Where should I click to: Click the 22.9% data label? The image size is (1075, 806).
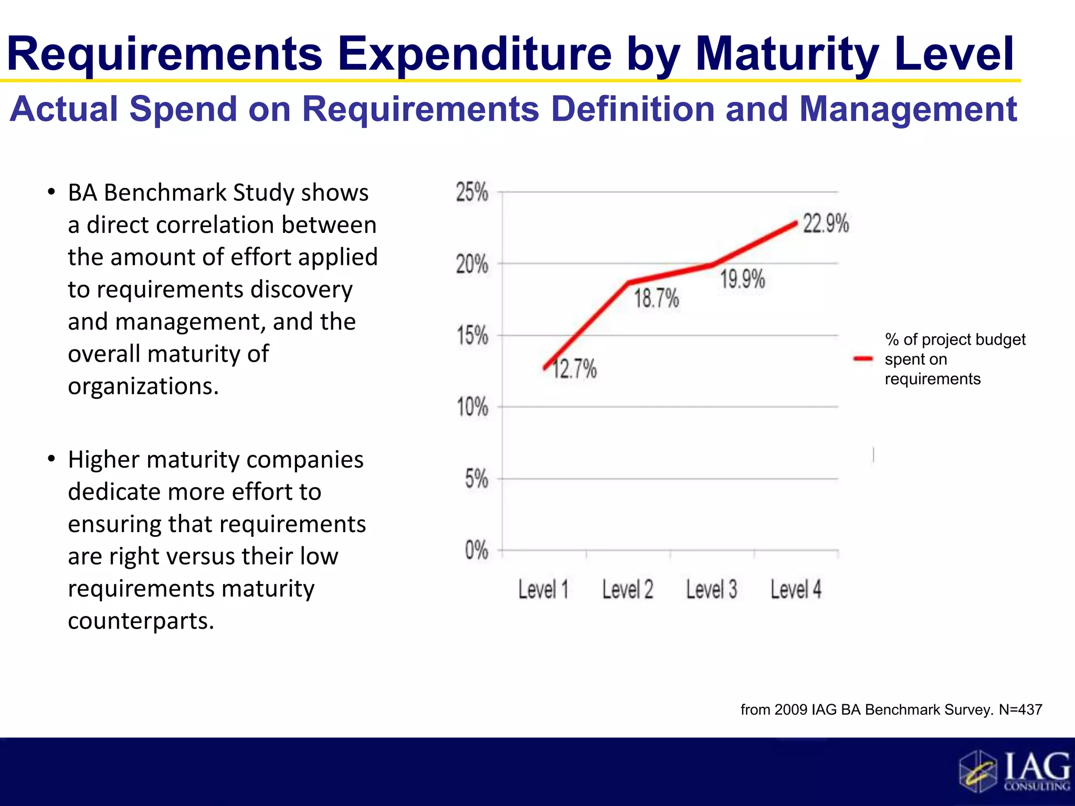point(826,224)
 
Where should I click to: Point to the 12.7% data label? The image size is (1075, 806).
point(574,369)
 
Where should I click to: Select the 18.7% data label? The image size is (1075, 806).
point(656,299)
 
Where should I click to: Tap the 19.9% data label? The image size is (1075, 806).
point(742,279)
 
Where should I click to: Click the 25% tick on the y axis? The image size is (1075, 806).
point(471,192)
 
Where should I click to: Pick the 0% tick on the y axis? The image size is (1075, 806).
point(476,550)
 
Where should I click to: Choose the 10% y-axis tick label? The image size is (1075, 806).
point(472,407)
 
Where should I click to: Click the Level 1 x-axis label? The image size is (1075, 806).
point(543,589)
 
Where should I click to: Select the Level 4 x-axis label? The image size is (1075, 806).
point(796,589)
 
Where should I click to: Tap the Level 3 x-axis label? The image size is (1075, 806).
point(712,589)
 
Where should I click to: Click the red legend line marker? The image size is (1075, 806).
point(863,359)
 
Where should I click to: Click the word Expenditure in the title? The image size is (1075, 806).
point(474,54)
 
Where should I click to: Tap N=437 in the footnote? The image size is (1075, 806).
point(1020,709)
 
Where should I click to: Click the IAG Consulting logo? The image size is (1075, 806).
point(1014,771)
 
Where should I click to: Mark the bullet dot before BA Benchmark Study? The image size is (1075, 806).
point(51,192)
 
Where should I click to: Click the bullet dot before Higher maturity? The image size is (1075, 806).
point(51,459)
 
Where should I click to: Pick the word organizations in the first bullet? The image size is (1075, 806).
point(143,386)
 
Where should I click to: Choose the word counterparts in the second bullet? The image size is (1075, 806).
point(141,621)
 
